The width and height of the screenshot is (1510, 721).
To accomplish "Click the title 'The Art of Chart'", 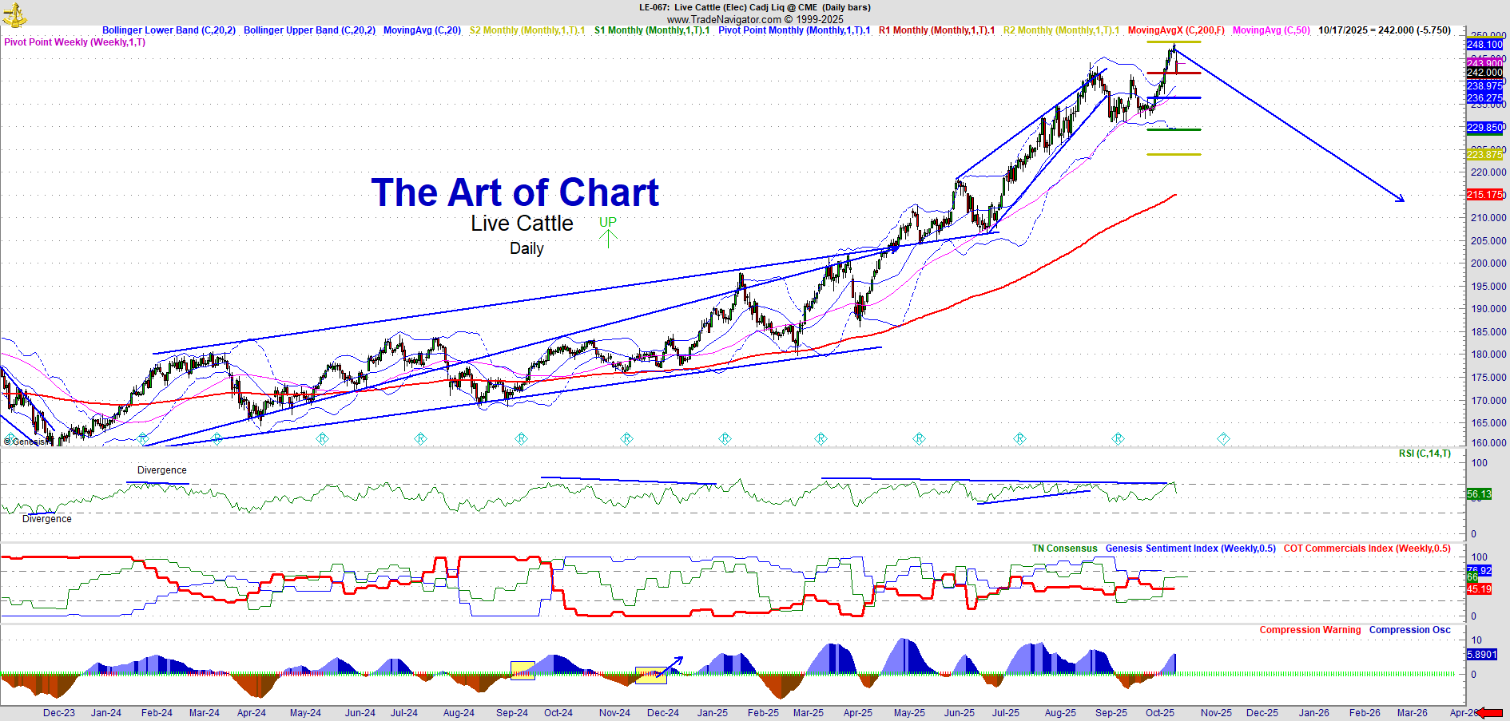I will (515, 193).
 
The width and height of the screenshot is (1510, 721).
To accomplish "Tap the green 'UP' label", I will (608, 222).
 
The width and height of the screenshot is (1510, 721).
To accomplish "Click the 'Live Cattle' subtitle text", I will (522, 224).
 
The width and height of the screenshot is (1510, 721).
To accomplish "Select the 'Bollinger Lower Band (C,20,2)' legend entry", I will (169, 30).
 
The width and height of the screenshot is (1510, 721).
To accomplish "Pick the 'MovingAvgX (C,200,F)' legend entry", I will (1176, 30).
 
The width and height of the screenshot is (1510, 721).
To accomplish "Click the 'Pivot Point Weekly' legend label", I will (75, 42).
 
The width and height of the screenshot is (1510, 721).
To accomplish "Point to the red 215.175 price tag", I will (1484, 195).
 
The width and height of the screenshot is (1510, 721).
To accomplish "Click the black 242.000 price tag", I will (1484, 73).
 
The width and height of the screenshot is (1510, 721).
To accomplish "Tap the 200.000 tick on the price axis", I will (1487, 263).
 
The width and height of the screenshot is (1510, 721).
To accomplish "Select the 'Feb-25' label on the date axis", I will (763, 713).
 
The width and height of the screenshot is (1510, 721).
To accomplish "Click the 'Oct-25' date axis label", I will (1160, 713).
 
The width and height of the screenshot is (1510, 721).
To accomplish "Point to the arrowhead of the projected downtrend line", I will (1401, 200).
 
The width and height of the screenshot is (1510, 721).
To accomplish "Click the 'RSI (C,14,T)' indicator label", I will (1425, 454).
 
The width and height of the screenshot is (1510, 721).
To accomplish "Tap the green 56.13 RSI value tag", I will (1479, 494).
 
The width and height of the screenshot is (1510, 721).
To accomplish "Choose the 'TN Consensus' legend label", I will (1064, 549).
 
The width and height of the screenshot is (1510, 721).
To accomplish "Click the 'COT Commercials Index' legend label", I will (1367, 549).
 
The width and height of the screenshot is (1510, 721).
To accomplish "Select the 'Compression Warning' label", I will (1310, 630).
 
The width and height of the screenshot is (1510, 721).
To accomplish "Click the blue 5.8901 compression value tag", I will (1481, 655).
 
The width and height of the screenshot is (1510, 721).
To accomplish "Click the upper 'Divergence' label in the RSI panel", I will (162, 470).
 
